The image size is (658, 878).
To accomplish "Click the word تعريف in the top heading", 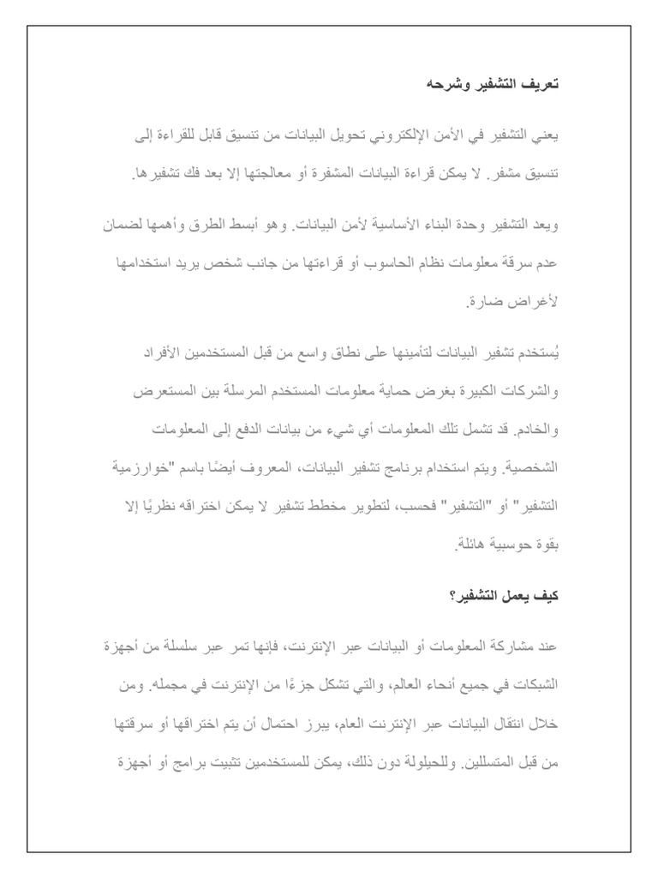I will pos(541,85).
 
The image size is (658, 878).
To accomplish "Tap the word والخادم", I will pos(535,429).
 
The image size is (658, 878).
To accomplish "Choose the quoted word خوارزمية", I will pos(151,468).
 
